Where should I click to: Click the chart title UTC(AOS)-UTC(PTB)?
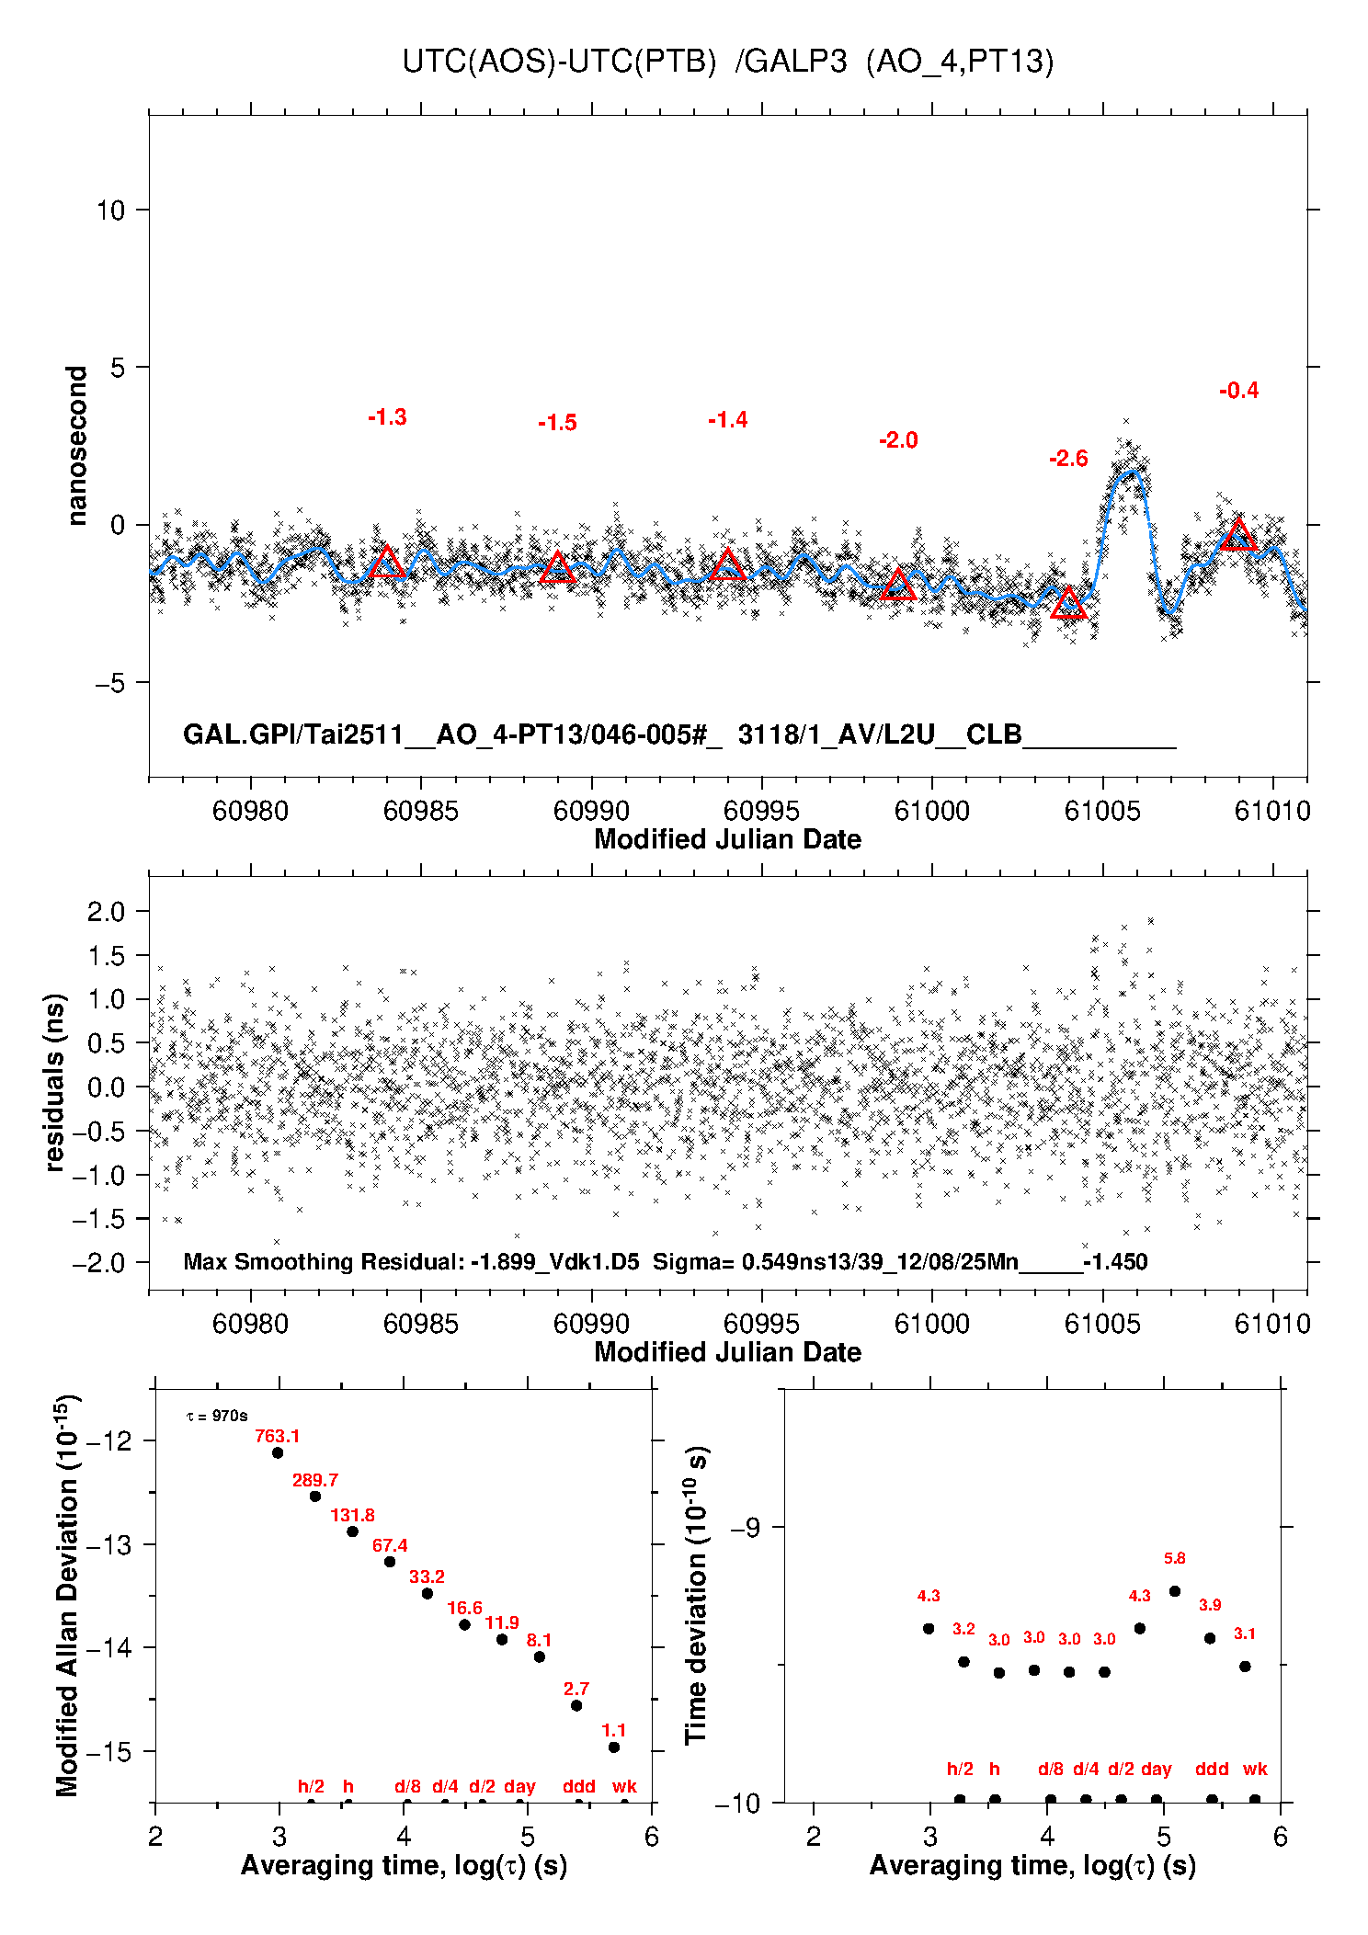pyautogui.click(x=559, y=62)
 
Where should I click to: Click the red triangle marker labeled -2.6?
pyautogui.click(x=1068, y=604)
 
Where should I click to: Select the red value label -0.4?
pyautogui.click(x=1238, y=391)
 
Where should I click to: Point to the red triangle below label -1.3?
pyautogui.click(x=387, y=563)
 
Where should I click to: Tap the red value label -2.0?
pyautogui.click(x=898, y=440)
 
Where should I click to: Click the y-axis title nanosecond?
pyautogui.click(x=77, y=446)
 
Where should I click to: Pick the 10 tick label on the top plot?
pyautogui.click(x=110, y=211)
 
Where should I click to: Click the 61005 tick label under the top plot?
pyautogui.click(x=1102, y=811)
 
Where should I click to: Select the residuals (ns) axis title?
pyautogui.click(x=55, y=1082)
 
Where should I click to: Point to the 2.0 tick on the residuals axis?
pyautogui.click(x=106, y=912)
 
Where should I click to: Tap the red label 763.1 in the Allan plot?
pyautogui.click(x=277, y=1436)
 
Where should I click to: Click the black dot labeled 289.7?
pyautogui.click(x=315, y=1497)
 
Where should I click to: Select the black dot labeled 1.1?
pyautogui.click(x=614, y=1747)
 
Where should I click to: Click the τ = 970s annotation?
pyautogui.click(x=217, y=1417)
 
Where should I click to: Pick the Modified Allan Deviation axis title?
pyautogui.click(x=66, y=1595)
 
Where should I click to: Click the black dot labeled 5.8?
pyautogui.click(x=1175, y=1591)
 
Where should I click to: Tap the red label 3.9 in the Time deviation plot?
pyautogui.click(x=1210, y=1605)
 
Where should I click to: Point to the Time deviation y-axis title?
pyautogui.click(x=696, y=1595)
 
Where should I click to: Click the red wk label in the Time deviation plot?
pyautogui.click(x=1255, y=1769)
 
